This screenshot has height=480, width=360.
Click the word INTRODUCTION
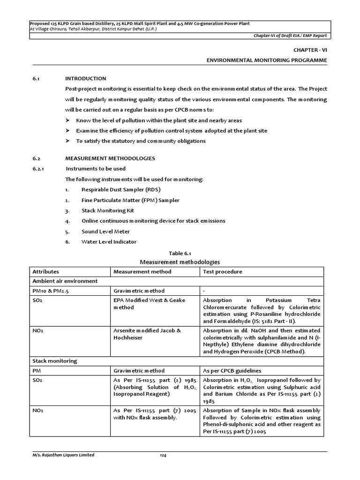pyautogui.click(x=86, y=78)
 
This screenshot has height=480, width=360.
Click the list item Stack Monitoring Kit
pyautogui.click(x=108, y=210)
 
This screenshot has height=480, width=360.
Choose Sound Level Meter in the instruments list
pyautogui.click(x=105, y=232)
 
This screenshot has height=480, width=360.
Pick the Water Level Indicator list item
pyautogui.click(x=109, y=242)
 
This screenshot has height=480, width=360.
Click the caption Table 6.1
pyautogui.click(x=180, y=253)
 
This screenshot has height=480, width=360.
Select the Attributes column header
pyautogui.click(x=46, y=272)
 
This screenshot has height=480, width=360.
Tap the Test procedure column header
pyautogui.click(x=223, y=272)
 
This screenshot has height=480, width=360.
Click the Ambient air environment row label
pyautogui.click(x=65, y=281)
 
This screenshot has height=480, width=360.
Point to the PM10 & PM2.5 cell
pyautogui.click(x=50, y=291)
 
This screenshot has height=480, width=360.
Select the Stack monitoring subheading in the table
pyautogui.click(x=55, y=361)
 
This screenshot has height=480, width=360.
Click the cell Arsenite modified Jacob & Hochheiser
pyautogui.click(x=147, y=334)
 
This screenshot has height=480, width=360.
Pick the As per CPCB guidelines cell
pyautogui.click(x=232, y=371)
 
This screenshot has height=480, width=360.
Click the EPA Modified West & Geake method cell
pyautogui.click(x=149, y=304)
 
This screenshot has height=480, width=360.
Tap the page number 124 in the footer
pyautogui.click(x=163, y=455)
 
